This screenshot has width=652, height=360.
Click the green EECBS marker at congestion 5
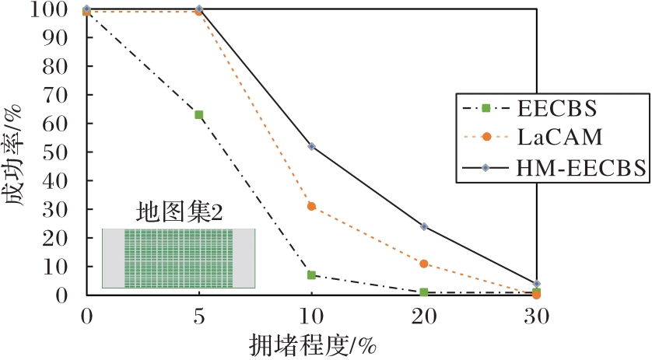coord(198,114)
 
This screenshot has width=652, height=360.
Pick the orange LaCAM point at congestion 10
coord(311,206)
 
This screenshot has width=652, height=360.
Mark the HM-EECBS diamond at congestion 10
coord(311,146)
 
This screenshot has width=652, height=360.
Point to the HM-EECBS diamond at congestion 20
coord(424,226)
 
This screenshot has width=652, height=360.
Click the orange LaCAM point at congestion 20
coord(424,264)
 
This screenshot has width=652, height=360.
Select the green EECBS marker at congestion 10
coord(311,274)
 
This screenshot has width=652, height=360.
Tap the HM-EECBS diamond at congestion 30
coord(537,284)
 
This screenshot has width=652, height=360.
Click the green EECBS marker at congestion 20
coord(424,292)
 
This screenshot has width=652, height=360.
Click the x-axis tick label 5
coord(198,316)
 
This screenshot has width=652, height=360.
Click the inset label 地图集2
coord(179,212)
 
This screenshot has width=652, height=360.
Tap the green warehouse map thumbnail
coord(178,258)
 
